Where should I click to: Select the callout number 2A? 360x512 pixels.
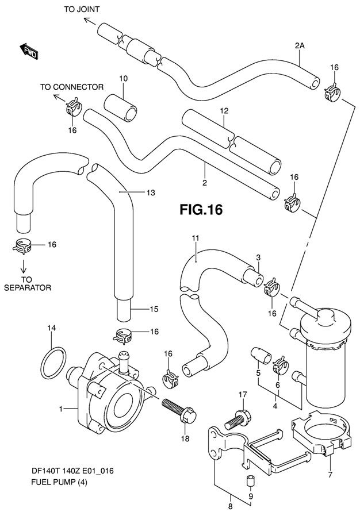tap(300, 45)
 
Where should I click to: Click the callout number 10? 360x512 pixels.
tap(122, 79)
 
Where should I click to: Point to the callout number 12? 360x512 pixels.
tap(224, 110)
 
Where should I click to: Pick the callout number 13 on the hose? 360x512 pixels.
tap(151, 193)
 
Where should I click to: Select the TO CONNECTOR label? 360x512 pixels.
tap(71, 87)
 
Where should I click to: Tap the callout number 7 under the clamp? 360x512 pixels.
tap(330, 475)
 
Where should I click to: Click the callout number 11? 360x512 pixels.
tap(195, 237)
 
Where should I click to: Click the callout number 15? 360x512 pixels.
tap(154, 310)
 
